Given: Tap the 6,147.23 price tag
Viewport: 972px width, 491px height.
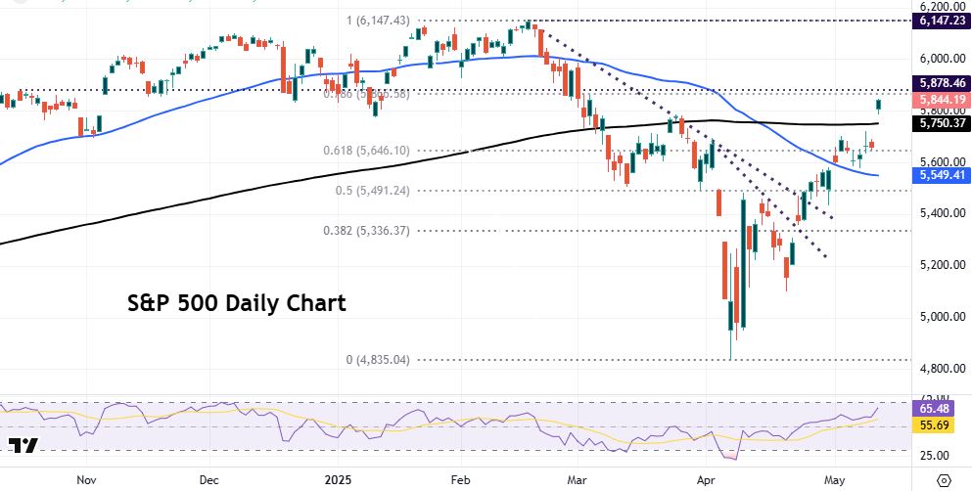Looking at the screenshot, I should (941, 20).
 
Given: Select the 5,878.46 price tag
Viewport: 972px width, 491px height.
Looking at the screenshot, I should (941, 84).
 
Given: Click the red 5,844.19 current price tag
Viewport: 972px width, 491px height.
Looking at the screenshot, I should (941, 100).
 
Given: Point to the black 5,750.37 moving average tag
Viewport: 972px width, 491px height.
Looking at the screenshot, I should (941, 124).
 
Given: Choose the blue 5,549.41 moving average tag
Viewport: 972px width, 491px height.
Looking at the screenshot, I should (941, 175).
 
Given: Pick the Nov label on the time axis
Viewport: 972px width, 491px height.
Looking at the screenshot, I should (86, 479).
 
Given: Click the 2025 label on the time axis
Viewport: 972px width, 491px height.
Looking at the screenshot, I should (336, 479).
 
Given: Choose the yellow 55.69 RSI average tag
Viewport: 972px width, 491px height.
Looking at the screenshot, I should (941, 425).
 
